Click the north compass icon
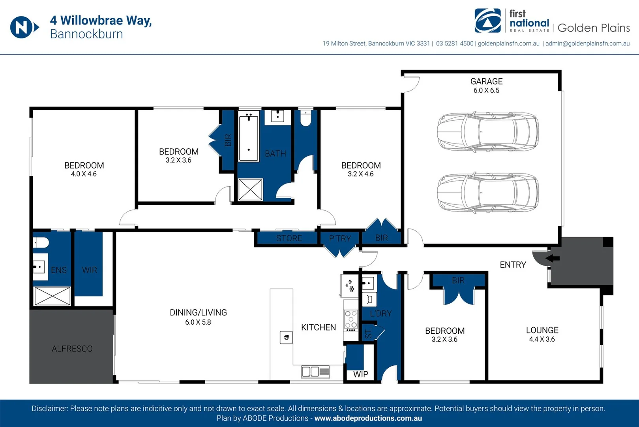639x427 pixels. click(24, 27)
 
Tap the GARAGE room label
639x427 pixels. click(486, 81)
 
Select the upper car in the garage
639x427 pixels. click(488, 132)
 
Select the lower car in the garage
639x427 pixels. click(488, 193)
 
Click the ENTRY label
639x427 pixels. click(513, 265)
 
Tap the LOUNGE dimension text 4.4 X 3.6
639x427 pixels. click(542, 339)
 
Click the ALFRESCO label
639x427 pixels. click(72, 349)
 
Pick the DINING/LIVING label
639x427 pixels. click(198, 313)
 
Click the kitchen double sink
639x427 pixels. click(315, 372)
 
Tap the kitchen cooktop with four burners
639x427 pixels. click(350, 320)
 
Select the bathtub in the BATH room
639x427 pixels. click(249, 136)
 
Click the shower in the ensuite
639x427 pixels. click(52, 296)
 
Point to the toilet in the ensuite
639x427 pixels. click(41, 242)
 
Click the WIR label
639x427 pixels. click(90, 270)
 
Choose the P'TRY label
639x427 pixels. click(340, 238)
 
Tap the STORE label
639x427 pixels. click(289, 238)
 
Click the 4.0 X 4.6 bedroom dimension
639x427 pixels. click(84, 174)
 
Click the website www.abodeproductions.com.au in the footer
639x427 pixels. click(368, 418)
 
